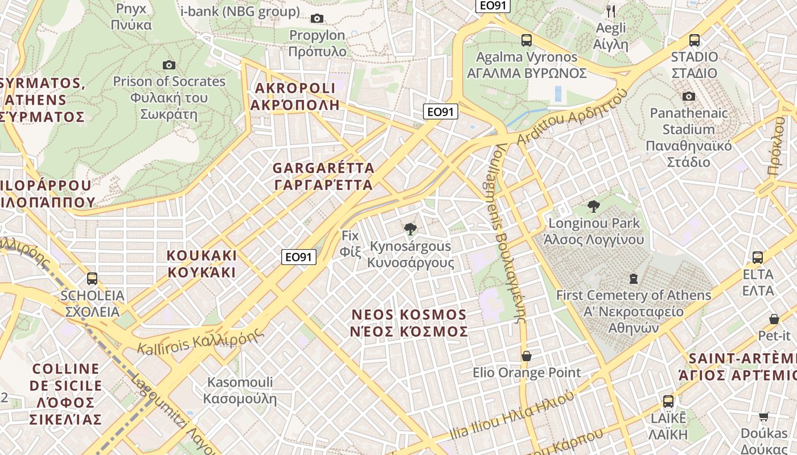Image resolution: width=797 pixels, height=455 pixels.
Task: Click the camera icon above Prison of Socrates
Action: (x=169, y=65)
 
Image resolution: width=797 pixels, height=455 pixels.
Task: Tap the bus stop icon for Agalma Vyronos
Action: (x=526, y=40)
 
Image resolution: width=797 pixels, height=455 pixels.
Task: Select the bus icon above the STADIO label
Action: (x=694, y=40)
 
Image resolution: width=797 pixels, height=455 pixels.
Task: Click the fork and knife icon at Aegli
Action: (x=611, y=11)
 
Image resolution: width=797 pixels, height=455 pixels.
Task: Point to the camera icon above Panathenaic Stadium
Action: (x=688, y=96)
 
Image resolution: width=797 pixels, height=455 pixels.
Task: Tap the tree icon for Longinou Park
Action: (x=593, y=206)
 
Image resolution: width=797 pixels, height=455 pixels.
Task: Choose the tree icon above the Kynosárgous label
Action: (x=409, y=230)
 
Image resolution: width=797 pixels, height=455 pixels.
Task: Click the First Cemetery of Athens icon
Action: (x=633, y=279)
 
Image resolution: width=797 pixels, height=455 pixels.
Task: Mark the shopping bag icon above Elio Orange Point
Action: (x=526, y=356)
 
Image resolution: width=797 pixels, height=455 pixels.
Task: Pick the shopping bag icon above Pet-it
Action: (x=774, y=319)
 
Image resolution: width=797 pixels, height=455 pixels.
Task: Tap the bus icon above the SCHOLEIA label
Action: (x=92, y=279)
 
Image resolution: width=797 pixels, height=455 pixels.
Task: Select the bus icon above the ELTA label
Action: (x=757, y=258)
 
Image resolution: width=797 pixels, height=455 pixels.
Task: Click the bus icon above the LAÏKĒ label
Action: (x=668, y=401)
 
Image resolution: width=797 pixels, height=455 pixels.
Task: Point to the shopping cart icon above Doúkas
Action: (x=763, y=417)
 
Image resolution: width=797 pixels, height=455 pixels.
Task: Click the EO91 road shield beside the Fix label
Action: (x=299, y=257)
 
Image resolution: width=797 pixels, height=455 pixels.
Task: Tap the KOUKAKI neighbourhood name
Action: (x=202, y=263)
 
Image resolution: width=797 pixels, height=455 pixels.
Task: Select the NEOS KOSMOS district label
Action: (x=409, y=322)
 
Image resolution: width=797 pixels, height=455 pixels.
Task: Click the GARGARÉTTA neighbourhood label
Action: (x=323, y=176)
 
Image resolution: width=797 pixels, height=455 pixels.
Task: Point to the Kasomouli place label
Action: (x=240, y=390)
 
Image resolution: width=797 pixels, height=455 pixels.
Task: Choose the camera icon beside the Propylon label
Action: (x=317, y=19)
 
